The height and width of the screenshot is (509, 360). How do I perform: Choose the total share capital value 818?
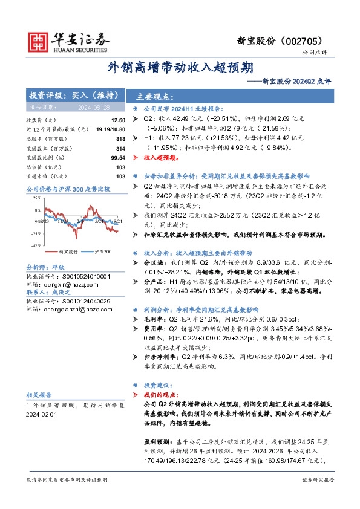120,140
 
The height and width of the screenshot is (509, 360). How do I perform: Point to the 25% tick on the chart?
36,198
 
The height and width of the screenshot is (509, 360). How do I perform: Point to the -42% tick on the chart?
36,245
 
